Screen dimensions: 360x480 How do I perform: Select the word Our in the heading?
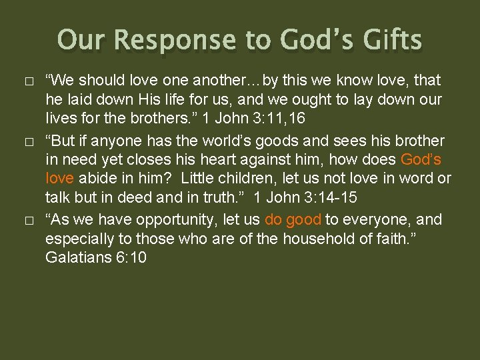tap(81, 40)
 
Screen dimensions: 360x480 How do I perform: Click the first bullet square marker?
tap(26, 82)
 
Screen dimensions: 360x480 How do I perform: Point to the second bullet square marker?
tap(26, 142)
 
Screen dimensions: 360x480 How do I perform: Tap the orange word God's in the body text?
tap(421, 160)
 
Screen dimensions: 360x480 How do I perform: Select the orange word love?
tap(60, 179)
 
